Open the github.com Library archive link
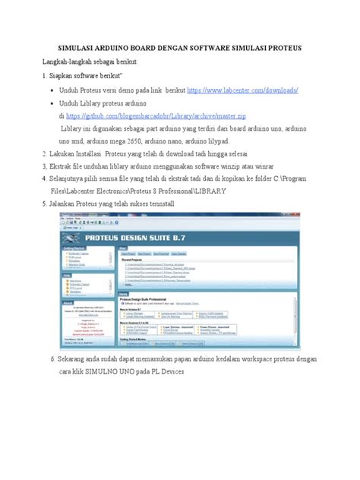pyautogui.click(x=156, y=116)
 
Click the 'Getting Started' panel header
pyautogui.click(x=77, y=248)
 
